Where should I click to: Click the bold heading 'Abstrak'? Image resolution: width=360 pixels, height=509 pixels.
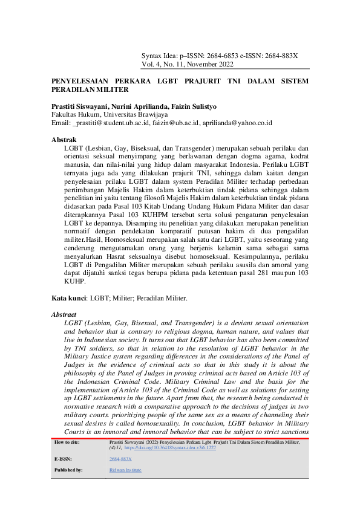[64, 140]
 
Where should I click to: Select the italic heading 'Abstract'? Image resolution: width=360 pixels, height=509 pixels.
[64, 314]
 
